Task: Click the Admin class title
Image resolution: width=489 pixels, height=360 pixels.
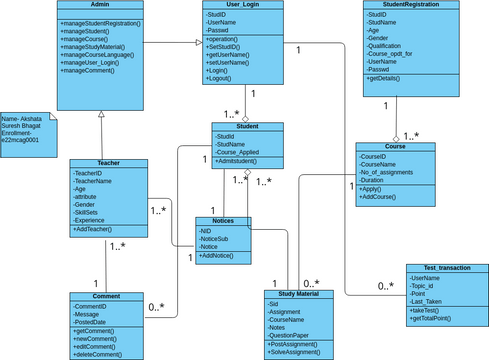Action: point(99,6)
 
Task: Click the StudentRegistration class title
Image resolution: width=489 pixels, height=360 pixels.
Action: point(411,6)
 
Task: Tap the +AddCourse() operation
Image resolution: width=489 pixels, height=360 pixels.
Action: point(380,198)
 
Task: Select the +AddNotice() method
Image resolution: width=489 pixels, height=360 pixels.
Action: point(219,257)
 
